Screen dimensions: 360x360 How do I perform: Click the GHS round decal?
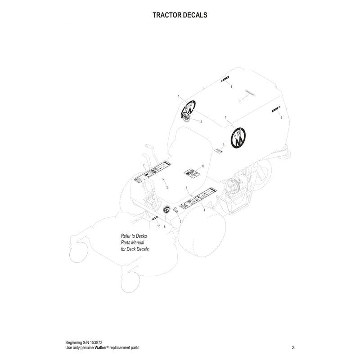click(x=185, y=116)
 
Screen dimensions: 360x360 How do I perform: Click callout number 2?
click(x=201, y=122)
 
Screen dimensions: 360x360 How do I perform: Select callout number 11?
click(x=240, y=102)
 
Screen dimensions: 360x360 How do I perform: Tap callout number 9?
click(x=223, y=145)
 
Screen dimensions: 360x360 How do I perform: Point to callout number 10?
click(x=203, y=166)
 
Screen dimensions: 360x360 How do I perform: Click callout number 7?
click(x=144, y=166)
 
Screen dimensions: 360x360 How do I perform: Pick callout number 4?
click(x=204, y=210)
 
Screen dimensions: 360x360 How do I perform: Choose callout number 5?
click(x=180, y=221)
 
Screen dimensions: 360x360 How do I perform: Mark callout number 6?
click(x=165, y=227)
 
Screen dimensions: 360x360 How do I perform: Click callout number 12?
click(x=158, y=225)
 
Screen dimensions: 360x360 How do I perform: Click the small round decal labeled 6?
click(x=166, y=209)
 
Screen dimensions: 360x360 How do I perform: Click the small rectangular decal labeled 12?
click(x=154, y=217)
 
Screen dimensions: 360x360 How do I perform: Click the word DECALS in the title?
click(x=194, y=15)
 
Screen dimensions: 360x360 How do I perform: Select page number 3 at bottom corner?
click(x=293, y=347)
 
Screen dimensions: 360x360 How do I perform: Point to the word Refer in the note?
click(x=126, y=236)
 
